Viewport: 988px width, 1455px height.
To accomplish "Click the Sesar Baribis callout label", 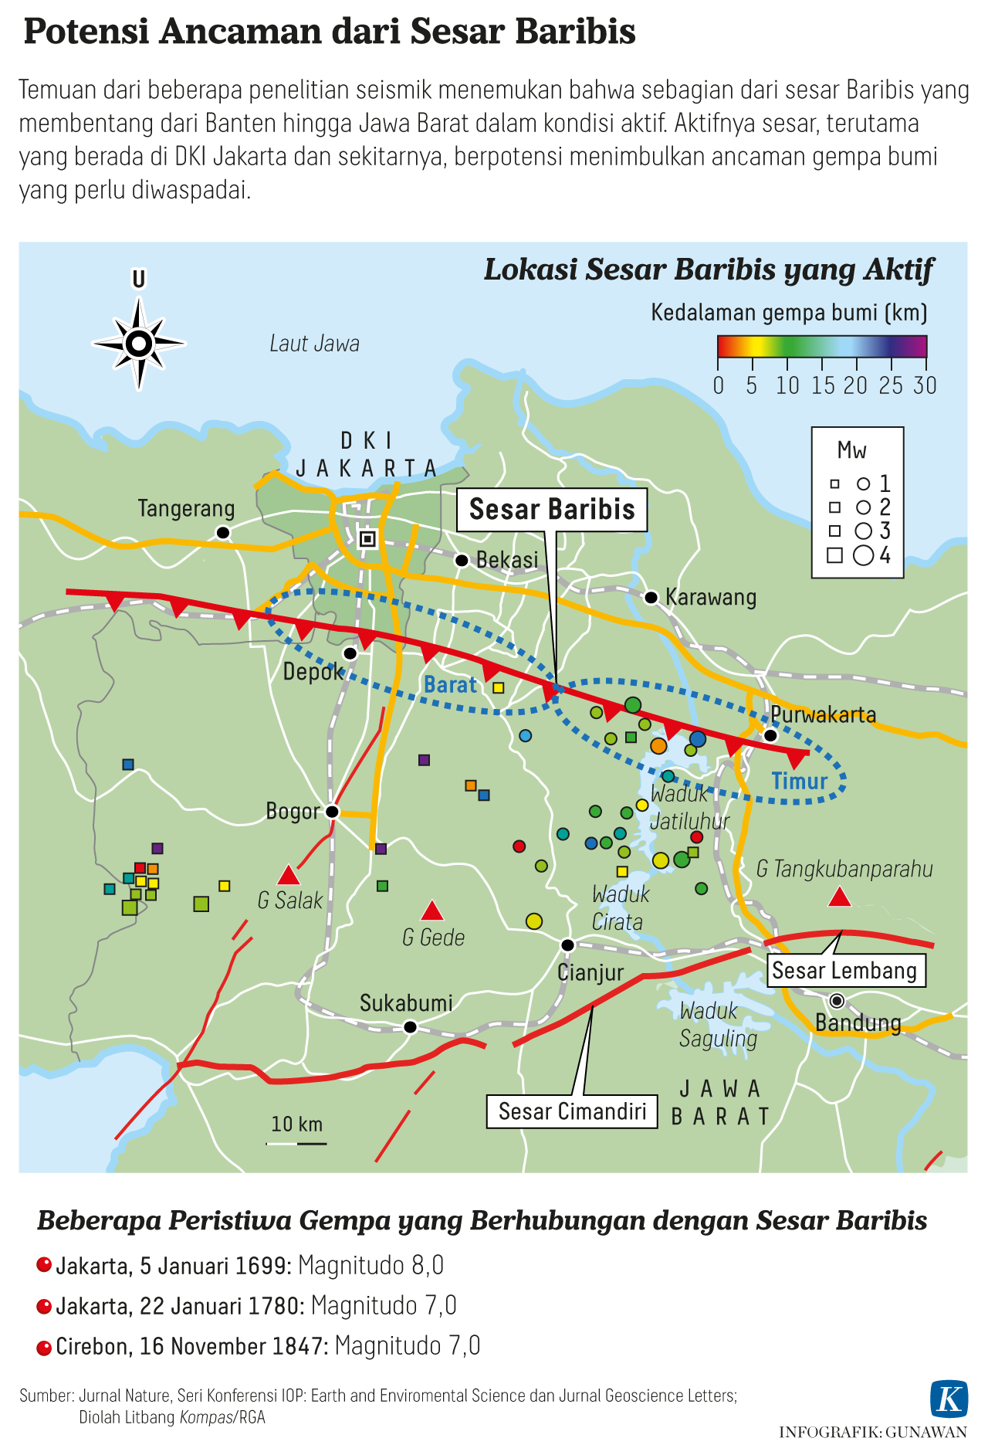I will coord(551,510).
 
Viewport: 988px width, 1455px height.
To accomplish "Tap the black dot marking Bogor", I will coord(332,811).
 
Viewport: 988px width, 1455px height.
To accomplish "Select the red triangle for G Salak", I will coord(289,876).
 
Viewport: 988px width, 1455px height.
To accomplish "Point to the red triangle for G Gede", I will coord(432,911).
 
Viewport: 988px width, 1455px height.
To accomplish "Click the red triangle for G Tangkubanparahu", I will coord(840,897).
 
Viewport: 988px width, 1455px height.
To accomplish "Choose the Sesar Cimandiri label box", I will coord(572,1111).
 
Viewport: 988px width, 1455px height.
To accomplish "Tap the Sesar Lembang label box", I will coord(844,971).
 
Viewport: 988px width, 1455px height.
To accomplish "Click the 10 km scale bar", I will coord(297,1142).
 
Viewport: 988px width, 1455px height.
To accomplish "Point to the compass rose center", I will coord(139,343).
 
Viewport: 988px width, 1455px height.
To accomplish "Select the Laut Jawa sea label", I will coord(314,344).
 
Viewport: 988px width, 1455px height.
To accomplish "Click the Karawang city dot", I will coord(651,597).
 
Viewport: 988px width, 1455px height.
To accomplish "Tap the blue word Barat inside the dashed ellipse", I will coord(451,685).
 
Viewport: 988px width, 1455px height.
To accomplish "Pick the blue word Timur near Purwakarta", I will coord(800,782).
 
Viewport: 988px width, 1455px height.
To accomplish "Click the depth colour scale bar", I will coord(821,346).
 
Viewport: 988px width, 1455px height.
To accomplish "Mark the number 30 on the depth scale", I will coord(925,385).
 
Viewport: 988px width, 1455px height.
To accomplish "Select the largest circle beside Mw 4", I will coord(864,555).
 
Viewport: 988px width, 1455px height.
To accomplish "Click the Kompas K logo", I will coord(949,1398).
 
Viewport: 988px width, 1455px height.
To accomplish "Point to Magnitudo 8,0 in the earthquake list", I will coord(370,1266).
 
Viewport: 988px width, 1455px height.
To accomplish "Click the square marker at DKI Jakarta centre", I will coord(368,538).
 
